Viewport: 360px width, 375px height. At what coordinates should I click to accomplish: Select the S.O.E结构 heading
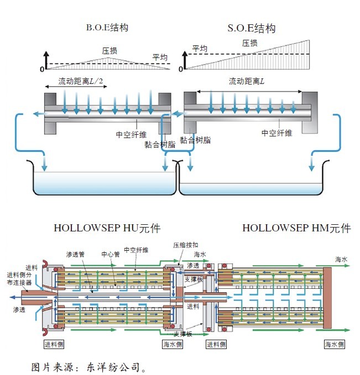point(252,28)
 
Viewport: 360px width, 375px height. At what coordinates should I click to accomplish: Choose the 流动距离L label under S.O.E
point(247,81)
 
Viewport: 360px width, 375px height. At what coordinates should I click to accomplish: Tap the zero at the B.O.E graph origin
point(41,69)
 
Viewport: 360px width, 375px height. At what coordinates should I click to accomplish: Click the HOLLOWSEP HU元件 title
point(107,228)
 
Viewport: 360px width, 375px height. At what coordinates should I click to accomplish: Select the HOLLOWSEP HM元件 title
point(296,228)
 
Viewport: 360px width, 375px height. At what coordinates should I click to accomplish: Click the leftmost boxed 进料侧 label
point(55,344)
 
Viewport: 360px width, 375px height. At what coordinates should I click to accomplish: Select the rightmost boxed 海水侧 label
point(334,344)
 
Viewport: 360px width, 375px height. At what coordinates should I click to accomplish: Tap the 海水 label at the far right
point(342,259)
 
